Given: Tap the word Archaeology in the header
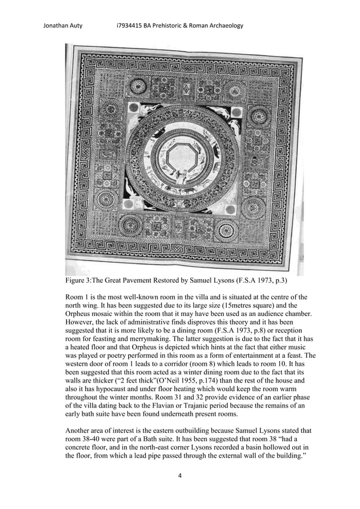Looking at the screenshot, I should point(222,25).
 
